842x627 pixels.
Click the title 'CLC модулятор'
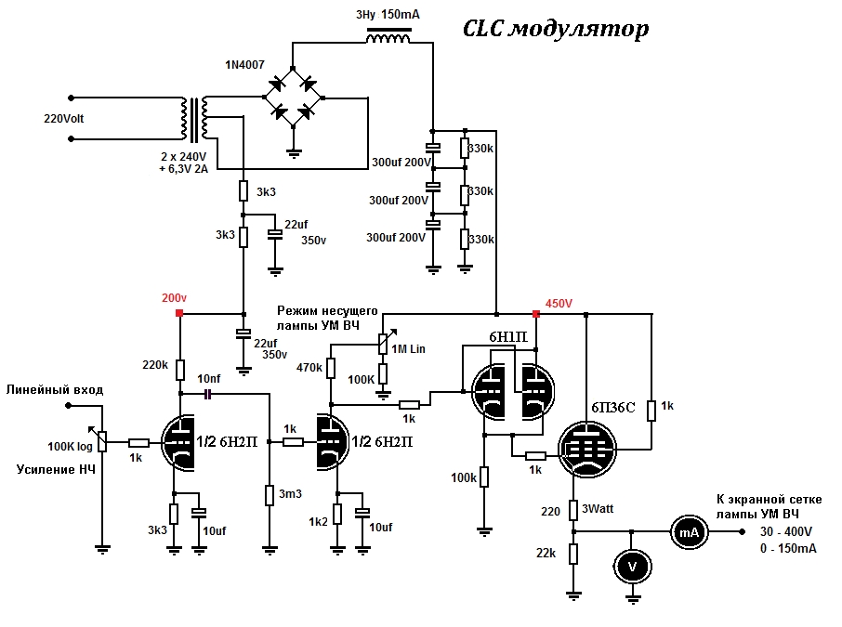[556, 30]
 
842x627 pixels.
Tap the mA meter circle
[689, 532]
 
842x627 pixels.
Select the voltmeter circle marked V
[633, 567]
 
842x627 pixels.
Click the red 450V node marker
[535, 314]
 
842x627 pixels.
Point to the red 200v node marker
[179, 312]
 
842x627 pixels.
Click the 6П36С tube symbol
[587, 450]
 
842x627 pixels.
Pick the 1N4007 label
[244, 65]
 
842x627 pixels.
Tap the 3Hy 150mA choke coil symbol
[388, 35]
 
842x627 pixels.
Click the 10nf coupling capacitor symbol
[208, 395]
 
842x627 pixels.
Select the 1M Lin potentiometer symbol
[383, 344]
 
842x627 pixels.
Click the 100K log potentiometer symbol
[103, 441]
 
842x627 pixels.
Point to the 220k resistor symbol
[180, 370]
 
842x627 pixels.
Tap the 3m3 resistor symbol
[270, 495]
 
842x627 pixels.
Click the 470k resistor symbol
[331, 368]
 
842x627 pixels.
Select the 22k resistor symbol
[573, 554]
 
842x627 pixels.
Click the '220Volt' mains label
[64, 119]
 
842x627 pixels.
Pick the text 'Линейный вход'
[55, 390]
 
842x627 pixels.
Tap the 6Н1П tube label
[508, 337]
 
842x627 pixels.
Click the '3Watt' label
[598, 508]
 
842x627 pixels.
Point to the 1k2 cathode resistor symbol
[337, 514]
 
